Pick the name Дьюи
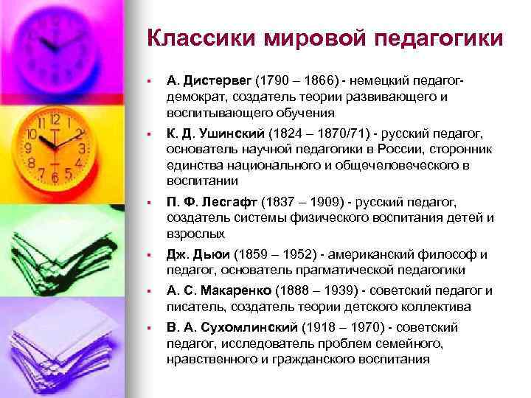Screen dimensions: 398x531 point(212,254)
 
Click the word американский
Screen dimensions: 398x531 point(375,254)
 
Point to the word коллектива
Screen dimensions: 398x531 point(442,307)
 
